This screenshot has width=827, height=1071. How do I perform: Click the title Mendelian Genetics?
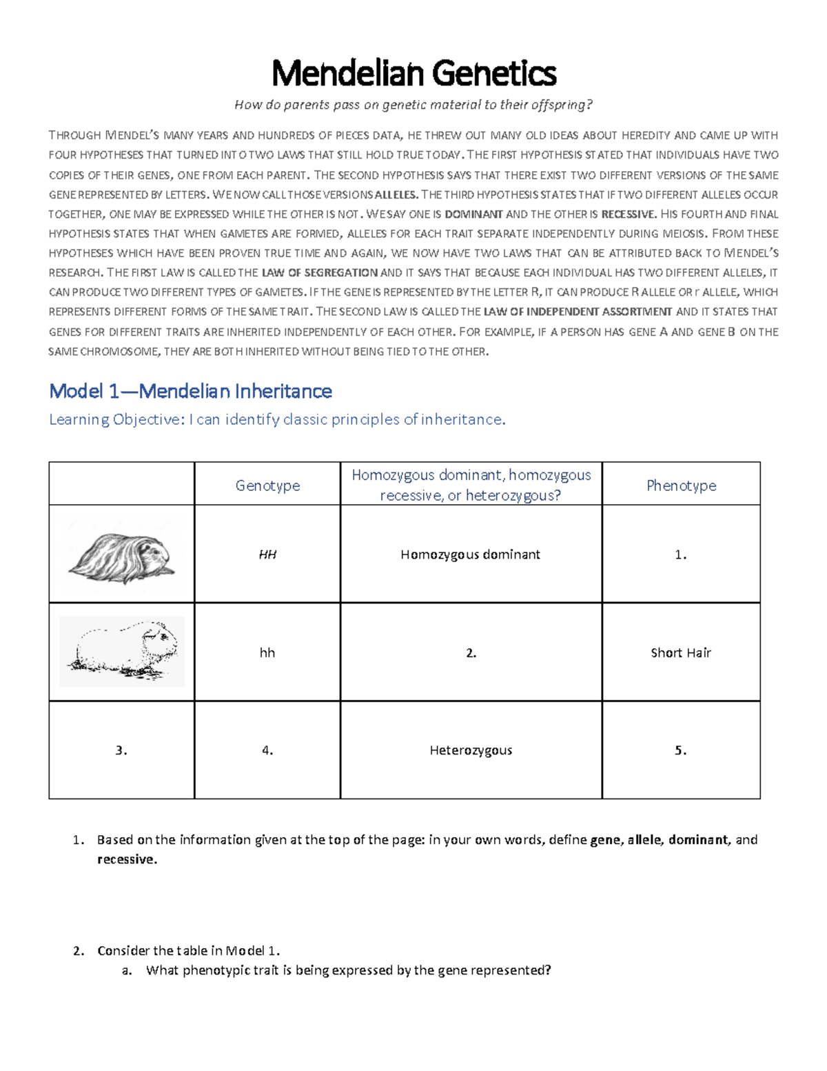click(x=413, y=73)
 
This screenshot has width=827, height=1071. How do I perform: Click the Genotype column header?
click(x=267, y=486)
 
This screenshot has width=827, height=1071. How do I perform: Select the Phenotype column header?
click(x=681, y=486)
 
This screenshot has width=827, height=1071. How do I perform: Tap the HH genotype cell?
click(x=267, y=554)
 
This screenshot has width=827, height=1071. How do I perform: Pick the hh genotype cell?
click(x=267, y=652)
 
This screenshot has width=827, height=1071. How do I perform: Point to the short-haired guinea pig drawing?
click(x=122, y=651)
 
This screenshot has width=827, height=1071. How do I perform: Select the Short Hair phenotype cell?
click(x=681, y=652)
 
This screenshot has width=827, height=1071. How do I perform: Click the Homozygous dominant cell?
click(x=470, y=554)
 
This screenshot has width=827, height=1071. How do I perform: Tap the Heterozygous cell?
click(x=471, y=750)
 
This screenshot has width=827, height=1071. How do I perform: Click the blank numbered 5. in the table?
click(x=681, y=750)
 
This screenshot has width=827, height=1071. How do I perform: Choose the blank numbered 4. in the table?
click(x=267, y=750)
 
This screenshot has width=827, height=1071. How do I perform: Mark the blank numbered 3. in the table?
click(x=121, y=750)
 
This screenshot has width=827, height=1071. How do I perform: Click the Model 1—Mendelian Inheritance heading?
click(x=190, y=392)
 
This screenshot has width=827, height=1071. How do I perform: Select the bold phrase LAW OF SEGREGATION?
click(x=320, y=272)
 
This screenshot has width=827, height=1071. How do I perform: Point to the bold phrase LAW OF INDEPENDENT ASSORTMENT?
click(x=578, y=312)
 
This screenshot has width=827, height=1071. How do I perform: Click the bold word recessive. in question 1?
click(x=127, y=859)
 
